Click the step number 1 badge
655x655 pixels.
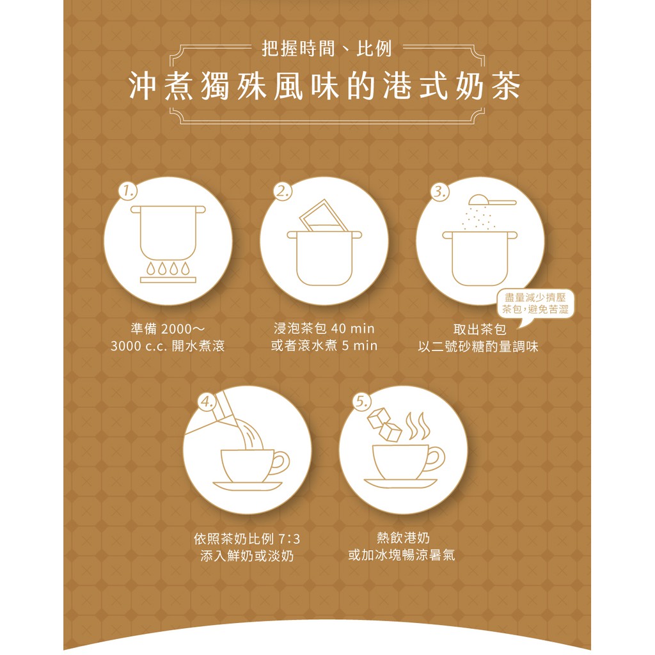(x=128, y=191)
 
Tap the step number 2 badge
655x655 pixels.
(x=283, y=191)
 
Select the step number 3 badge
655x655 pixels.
(x=439, y=191)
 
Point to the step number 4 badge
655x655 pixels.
(x=207, y=402)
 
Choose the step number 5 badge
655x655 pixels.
(x=362, y=402)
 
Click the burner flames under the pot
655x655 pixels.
(x=168, y=268)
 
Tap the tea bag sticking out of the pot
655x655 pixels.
(x=323, y=216)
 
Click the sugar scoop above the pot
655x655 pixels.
(x=492, y=200)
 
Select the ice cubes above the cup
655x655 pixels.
(x=384, y=424)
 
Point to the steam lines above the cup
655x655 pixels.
(x=417, y=425)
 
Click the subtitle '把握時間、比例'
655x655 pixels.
(x=327, y=49)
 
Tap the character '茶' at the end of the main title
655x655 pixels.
(x=506, y=86)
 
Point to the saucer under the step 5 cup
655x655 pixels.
(x=400, y=483)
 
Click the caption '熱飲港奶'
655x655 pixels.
(x=403, y=537)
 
